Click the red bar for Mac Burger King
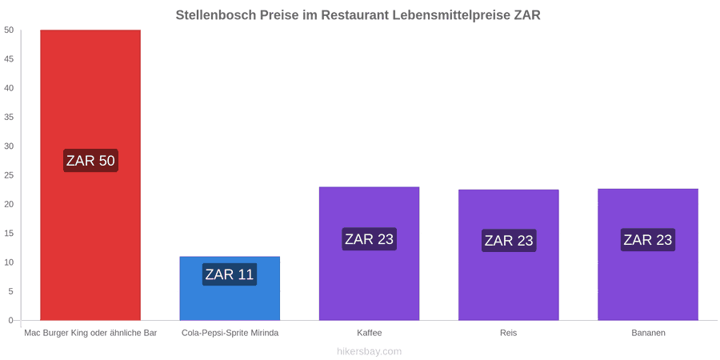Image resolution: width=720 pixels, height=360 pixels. [90, 175]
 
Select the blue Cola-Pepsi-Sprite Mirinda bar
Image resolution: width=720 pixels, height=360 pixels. [230, 288]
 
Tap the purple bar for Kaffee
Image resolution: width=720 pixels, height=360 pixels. [369, 254]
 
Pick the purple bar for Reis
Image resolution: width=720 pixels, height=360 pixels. [508, 255]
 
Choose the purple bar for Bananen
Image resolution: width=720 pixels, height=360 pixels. [648, 254]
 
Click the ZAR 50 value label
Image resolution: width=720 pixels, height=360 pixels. [90, 161]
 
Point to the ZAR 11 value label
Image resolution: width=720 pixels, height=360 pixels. [230, 274]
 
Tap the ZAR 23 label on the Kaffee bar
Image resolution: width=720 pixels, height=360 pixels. [369, 239]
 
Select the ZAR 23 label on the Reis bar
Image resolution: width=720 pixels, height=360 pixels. [509, 241]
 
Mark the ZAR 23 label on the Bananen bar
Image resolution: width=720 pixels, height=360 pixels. [648, 240]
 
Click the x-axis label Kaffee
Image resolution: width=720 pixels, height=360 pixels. [369, 333]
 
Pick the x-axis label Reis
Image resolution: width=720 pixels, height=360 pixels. [508, 333]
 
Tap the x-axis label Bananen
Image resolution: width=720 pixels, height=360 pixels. [648, 333]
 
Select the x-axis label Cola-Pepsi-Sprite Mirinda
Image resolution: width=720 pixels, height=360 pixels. [230, 333]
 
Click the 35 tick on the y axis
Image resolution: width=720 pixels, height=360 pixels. [9, 117]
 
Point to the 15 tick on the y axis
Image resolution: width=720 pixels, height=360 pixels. [9, 234]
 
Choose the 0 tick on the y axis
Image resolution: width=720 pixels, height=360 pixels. [11, 321]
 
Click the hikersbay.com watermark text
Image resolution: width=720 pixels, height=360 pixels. [369, 352]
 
